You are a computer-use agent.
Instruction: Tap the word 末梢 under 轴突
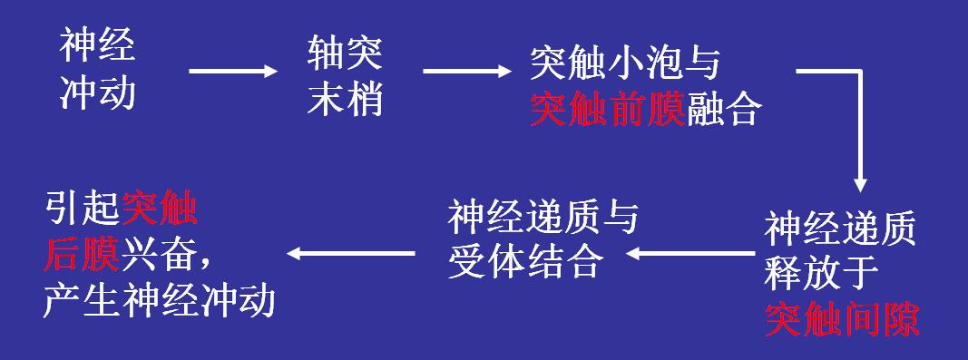click(345, 97)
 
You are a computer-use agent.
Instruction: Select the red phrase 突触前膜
click(607, 109)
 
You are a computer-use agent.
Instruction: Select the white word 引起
click(82, 211)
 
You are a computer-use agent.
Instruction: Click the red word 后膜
click(82, 257)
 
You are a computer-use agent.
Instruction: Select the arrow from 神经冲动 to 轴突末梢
click(231, 71)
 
